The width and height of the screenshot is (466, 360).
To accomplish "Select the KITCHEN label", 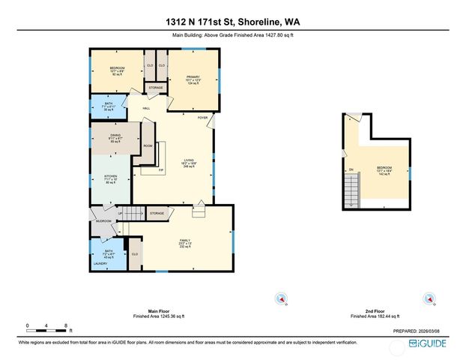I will tap(110, 177).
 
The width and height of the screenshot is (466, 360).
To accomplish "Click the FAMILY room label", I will tap(185, 241).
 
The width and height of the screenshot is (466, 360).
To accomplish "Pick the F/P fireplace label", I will tap(160, 170).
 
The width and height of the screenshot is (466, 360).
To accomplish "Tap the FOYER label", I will tap(202, 118).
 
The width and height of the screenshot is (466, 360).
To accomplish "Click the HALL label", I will tap(146, 108).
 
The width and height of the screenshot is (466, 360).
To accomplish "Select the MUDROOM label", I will tap(103, 221).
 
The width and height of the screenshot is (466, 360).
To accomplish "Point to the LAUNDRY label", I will tap(100, 263).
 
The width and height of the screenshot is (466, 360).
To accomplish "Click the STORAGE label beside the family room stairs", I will tap(156, 214).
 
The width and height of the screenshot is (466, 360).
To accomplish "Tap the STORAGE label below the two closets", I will tap(155, 88).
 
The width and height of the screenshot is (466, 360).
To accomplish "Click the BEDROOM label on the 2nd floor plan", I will tap(383, 167).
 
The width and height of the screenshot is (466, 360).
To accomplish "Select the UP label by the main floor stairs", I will tap(119, 214).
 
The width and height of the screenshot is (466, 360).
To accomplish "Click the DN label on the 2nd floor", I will tap(350, 169).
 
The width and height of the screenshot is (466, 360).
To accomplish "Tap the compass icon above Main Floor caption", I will tap(282, 298).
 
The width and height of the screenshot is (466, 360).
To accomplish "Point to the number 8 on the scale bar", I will tap(67, 325).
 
